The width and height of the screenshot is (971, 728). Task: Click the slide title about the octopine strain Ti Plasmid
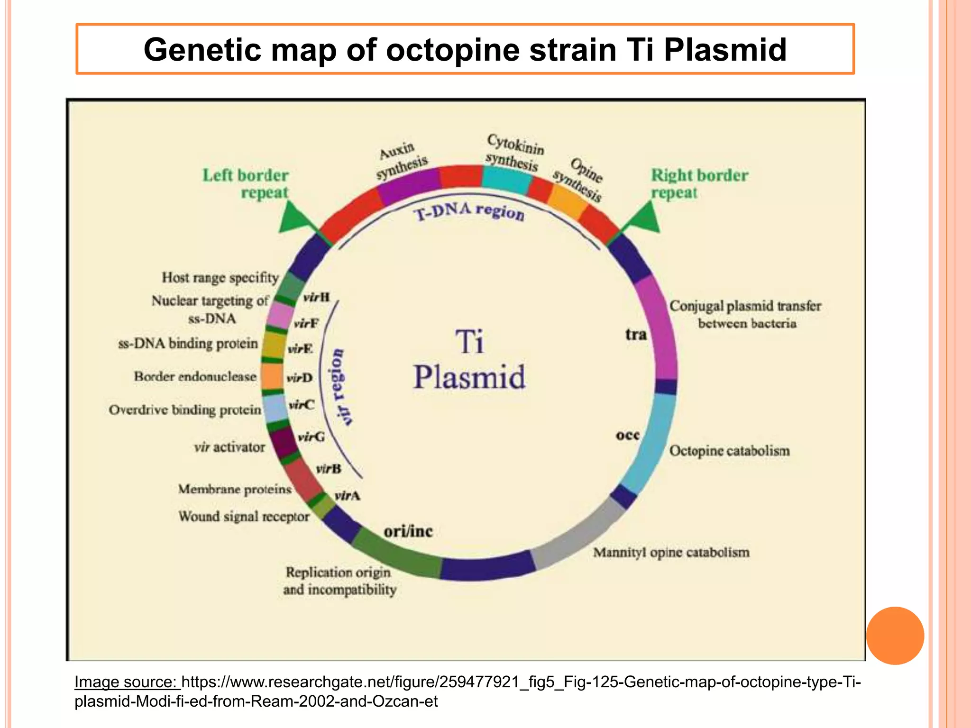coord(465,49)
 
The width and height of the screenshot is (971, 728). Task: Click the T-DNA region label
coord(469,211)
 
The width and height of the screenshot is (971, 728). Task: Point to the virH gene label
coord(316,297)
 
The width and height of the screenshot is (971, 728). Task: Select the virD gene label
coord(300,378)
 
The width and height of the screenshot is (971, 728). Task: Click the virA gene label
coord(347,496)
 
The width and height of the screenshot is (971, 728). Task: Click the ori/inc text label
coord(408,531)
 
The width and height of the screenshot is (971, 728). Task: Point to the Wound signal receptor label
coord(244,516)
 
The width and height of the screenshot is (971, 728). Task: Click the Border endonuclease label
coord(195,376)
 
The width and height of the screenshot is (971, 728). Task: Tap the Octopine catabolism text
coord(729,450)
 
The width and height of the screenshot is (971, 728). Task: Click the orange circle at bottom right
coord(895,635)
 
